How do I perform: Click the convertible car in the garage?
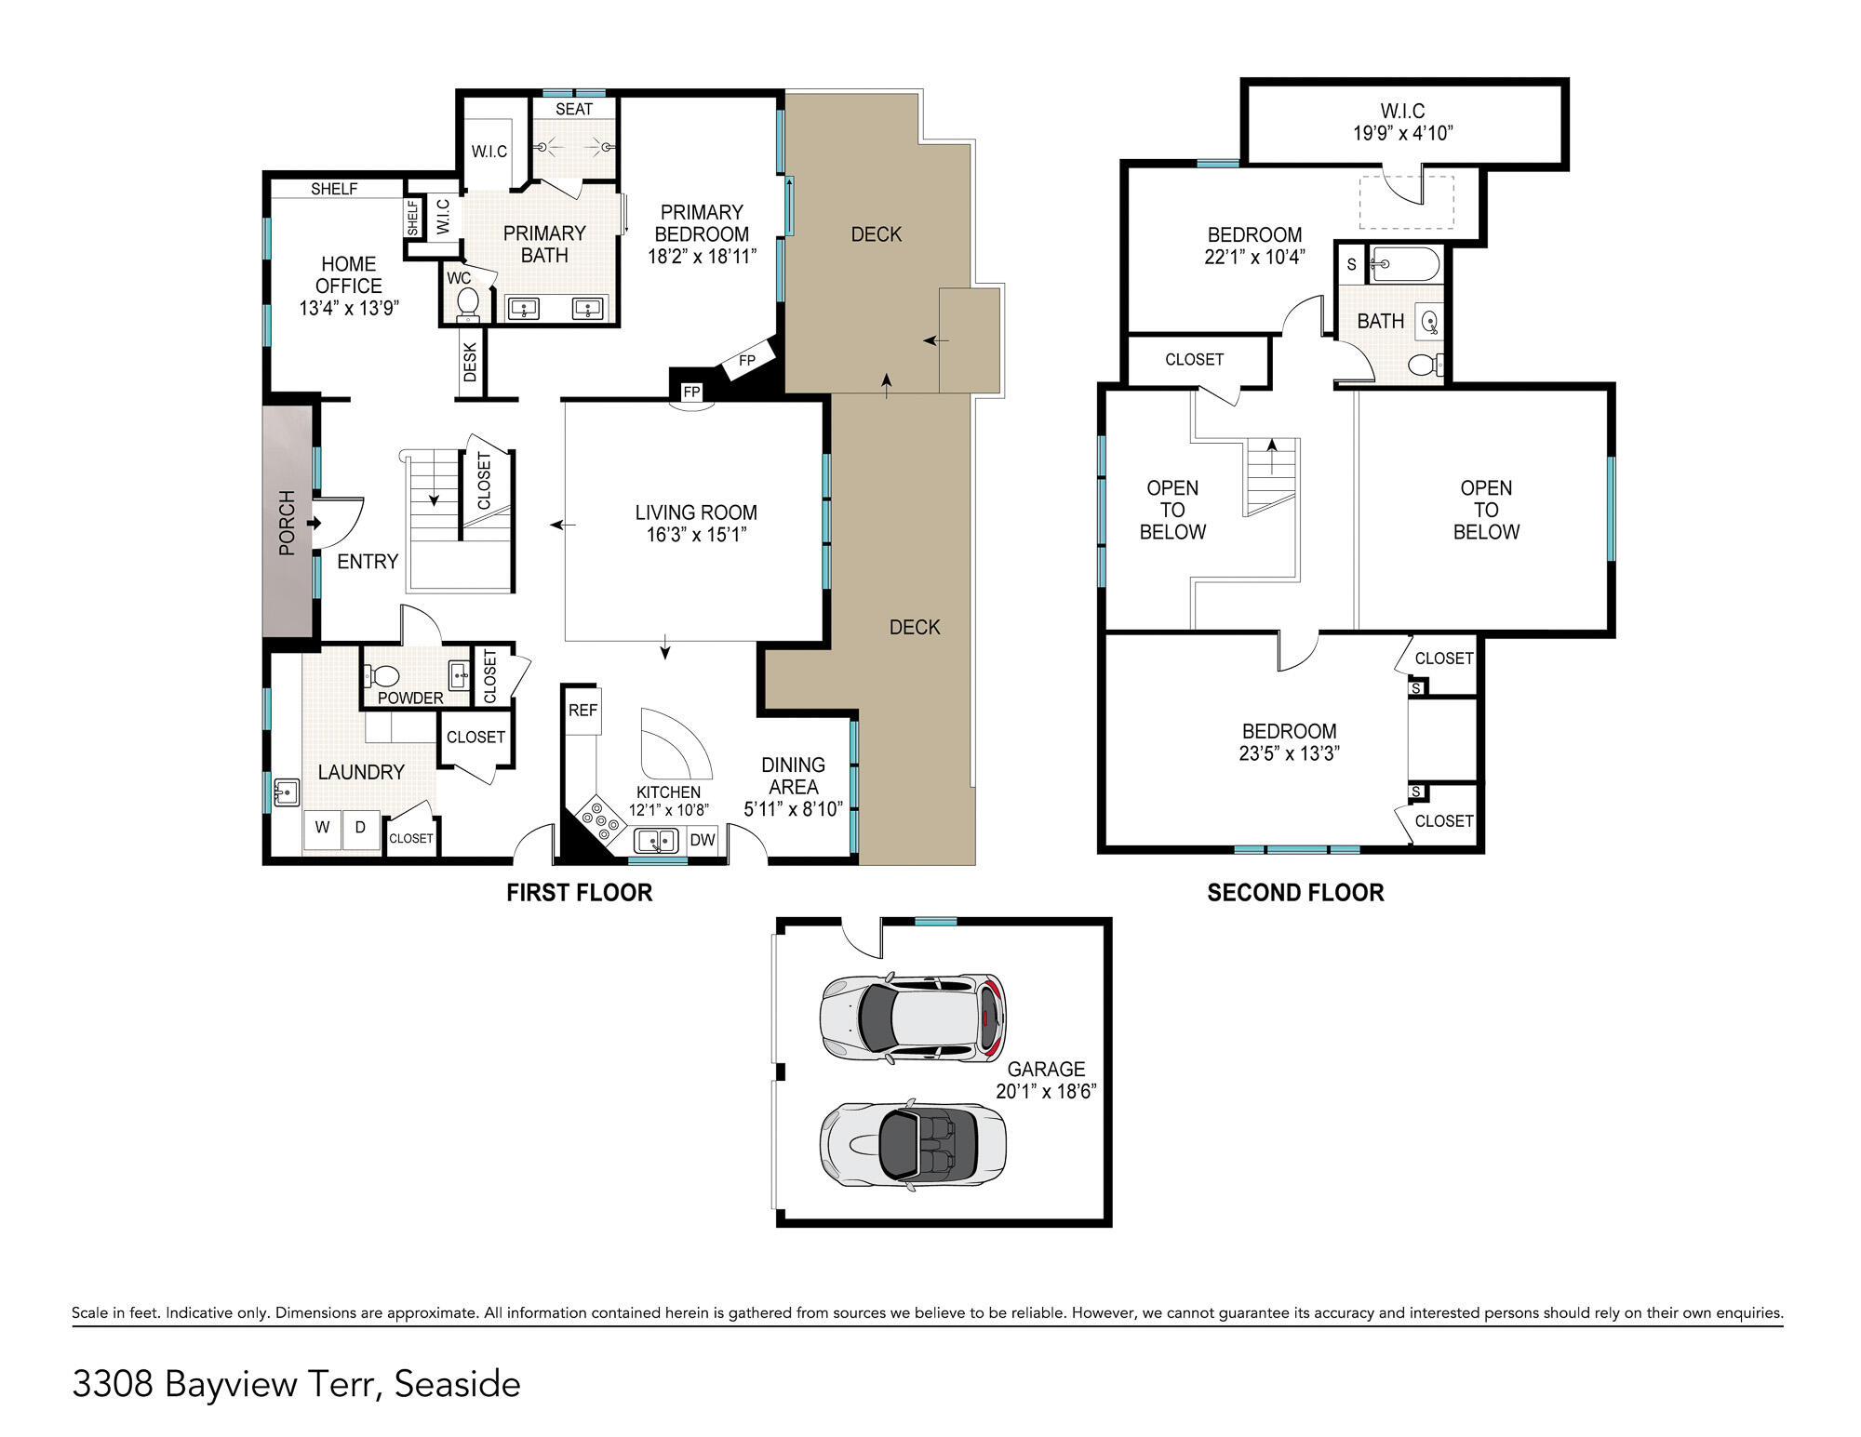click(x=912, y=1144)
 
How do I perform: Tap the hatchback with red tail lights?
click(x=912, y=1018)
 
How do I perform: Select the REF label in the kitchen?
click(x=582, y=711)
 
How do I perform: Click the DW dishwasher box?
click(x=703, y=840)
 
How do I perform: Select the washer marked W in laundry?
click(x=322, y=828)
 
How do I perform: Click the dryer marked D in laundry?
click(x=361, y=828)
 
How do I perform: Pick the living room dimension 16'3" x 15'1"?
click(x=696, y=535)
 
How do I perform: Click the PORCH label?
click(x=287, y=523)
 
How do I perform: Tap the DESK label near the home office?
click(x=470, y=362)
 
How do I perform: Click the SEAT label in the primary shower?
click(x=574, y=109)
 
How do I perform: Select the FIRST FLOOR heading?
click(x=579, y=893)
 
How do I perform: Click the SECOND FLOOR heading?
click(x=1295, y=893)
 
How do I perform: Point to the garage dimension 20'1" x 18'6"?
click(x=1046, y=1092)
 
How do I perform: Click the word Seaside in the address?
click(x=457, y=1385)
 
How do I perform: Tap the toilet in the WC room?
click(x=468, y=303)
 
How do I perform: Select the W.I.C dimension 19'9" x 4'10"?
click(x=1402, y=133)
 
